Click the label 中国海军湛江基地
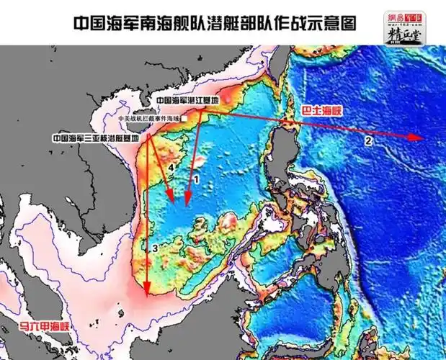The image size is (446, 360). (187, 102)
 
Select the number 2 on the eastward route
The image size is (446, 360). (368, 142)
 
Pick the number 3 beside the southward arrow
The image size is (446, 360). (154, 248)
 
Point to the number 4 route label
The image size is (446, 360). (171, 168)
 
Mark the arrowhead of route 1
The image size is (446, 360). (187, 202)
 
